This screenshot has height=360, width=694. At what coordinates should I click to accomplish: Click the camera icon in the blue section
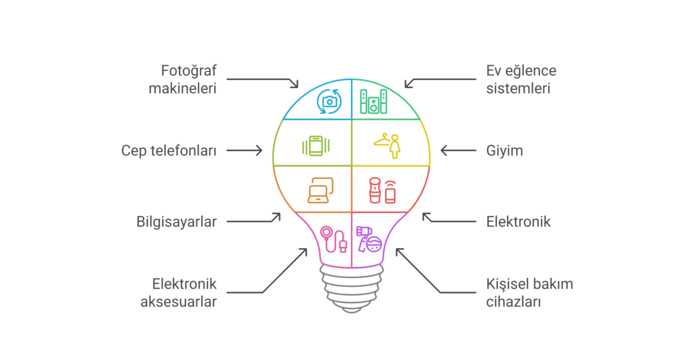[x=329, y=101]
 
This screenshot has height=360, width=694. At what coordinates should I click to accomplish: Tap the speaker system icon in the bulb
[x=373, y=101]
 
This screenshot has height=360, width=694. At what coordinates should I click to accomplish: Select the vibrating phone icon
[x=316, y=146]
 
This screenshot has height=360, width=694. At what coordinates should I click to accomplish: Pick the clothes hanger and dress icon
[x=387, y=144]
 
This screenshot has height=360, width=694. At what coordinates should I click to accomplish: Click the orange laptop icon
[x=320, y=191]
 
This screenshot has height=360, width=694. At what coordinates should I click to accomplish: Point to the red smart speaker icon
[x=382, y=191]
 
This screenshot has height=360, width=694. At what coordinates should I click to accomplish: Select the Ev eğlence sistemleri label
[x=520, y=79]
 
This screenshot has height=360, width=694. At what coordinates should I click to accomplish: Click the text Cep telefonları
[x=169, y=151]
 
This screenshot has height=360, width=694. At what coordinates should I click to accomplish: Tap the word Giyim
[x=504, y=151]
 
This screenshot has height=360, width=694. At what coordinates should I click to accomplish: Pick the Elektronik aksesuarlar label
[x=184, y=293]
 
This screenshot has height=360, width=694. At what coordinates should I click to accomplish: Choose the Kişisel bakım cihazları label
[x=529, y=293]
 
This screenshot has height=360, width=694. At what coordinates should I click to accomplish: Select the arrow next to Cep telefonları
[x=244, y=151]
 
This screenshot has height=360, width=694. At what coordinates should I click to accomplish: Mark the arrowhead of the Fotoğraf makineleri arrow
[x=295, y=85]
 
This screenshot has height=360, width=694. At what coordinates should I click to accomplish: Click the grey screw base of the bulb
[x=350, y=288]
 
